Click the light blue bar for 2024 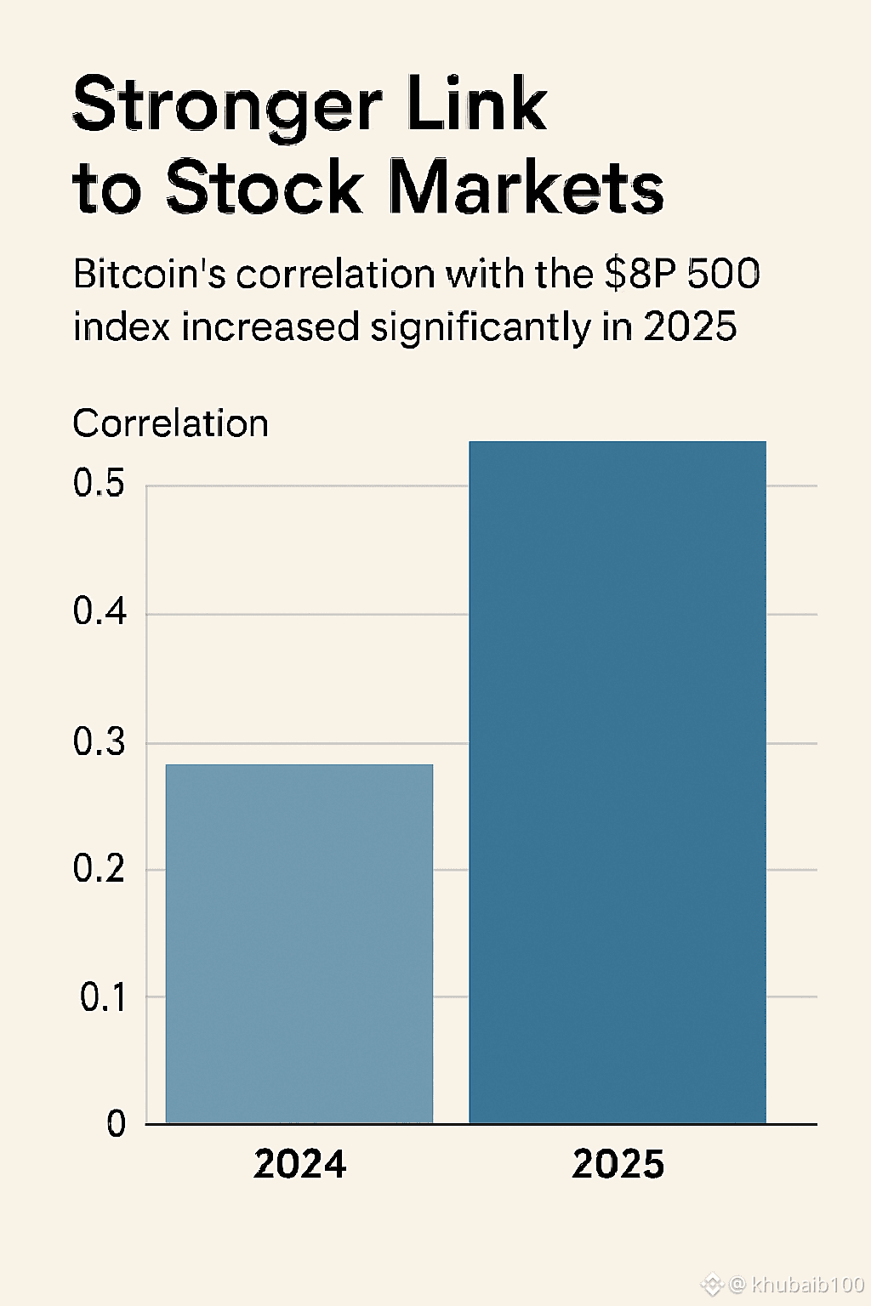pyautogui.click(x=299, y=944)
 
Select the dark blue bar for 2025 pyautogui.click(x=618, y=782)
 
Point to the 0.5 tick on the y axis pyautogui.click(x=99, y=484)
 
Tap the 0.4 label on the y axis pyautogui.click(x=99, y=612)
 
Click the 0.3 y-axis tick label pyautogui.click(x=99, y=742)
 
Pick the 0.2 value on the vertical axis pyautogui.click(x=99, y=869)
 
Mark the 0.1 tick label pyautogui.click(x=103, y=997)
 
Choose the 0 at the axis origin pyautogui.click(x=117, y=1124)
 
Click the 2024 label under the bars pyautogui.click(x=300, y=1164)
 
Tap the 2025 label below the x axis pyautogui.click(x=618, y=1164)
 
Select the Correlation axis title pyautogui.click(x=170, y=423)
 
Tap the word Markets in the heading pyautogui.click(x=527, y=187)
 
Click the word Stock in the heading pyautogui.click(x=264, y=187)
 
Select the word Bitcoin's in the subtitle pyautogui.click(x=150, y=275)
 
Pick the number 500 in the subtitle pyautogui.click(x=723, y=275)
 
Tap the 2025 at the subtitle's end pyautogui.click(x=690, y=326)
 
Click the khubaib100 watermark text pyautogui.click(x=807, y=1285)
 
